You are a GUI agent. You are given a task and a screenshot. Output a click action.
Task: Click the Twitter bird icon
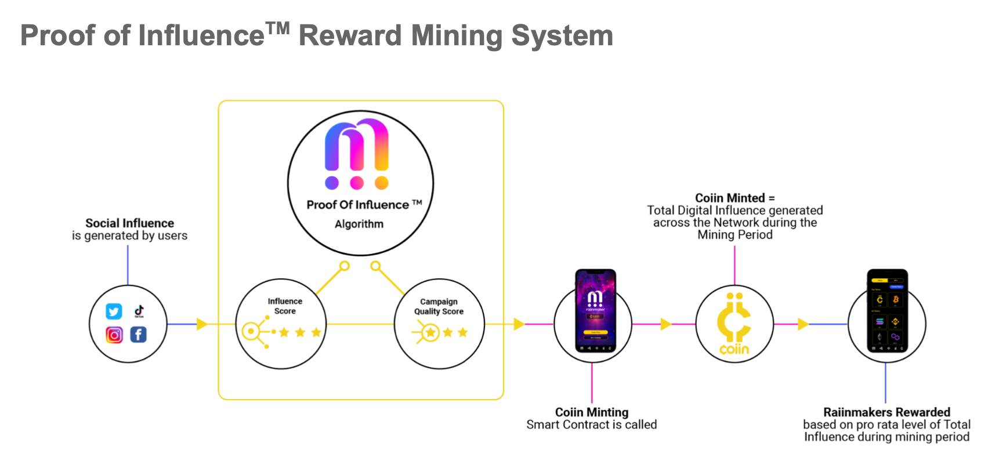114,311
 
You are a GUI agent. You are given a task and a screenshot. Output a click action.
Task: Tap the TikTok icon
139,311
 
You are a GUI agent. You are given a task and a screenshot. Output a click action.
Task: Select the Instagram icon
114,335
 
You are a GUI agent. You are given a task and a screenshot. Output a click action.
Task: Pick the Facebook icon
138,335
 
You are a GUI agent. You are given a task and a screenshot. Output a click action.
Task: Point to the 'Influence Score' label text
285,306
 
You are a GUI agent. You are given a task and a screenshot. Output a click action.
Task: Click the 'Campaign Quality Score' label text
439,306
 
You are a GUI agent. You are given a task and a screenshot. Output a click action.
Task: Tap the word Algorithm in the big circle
359,224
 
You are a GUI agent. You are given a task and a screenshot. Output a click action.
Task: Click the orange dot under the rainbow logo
381,183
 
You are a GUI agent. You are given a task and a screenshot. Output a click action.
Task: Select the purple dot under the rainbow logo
332,183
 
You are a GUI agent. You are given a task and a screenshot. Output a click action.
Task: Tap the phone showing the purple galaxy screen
595,310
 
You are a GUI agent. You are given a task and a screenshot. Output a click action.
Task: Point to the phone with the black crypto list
887,310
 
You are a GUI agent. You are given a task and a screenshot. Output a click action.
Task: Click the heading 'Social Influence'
129,223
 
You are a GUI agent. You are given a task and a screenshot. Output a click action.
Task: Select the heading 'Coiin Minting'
591,412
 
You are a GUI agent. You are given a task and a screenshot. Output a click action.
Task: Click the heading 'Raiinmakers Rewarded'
886,412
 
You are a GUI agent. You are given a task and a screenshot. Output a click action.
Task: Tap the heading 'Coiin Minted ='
734,198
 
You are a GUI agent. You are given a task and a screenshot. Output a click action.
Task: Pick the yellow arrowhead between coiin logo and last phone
803,324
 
